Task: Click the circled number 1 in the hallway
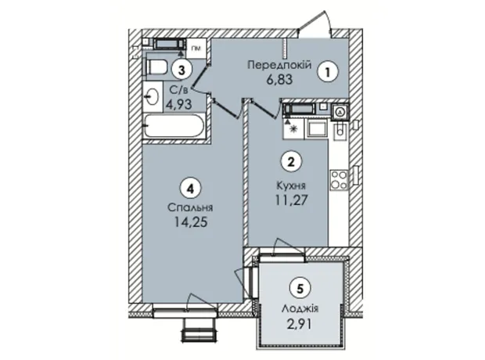click(x=329, y=72)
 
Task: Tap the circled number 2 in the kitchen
click(x=290, y=162)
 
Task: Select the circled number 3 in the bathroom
click(x=182, y=70)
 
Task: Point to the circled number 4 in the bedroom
click(x=190, y=189)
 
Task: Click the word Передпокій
click(x=279, y=65)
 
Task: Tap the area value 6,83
click(x=279, y=80)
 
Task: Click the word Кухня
click(x=291, y=185)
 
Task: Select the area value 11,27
click(x=292, y=200)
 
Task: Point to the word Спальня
click(x=190, y=207)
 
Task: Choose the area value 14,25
click(x=190, y=222)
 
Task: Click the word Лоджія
click(x=300, y=308)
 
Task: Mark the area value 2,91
click(x=300, y=325)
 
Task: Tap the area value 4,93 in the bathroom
click(x=178, y=104)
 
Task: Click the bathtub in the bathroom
click(x=174, y=126)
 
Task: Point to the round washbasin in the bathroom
click(x=153, y=97)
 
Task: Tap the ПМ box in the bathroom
click(x=196, y=49)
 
